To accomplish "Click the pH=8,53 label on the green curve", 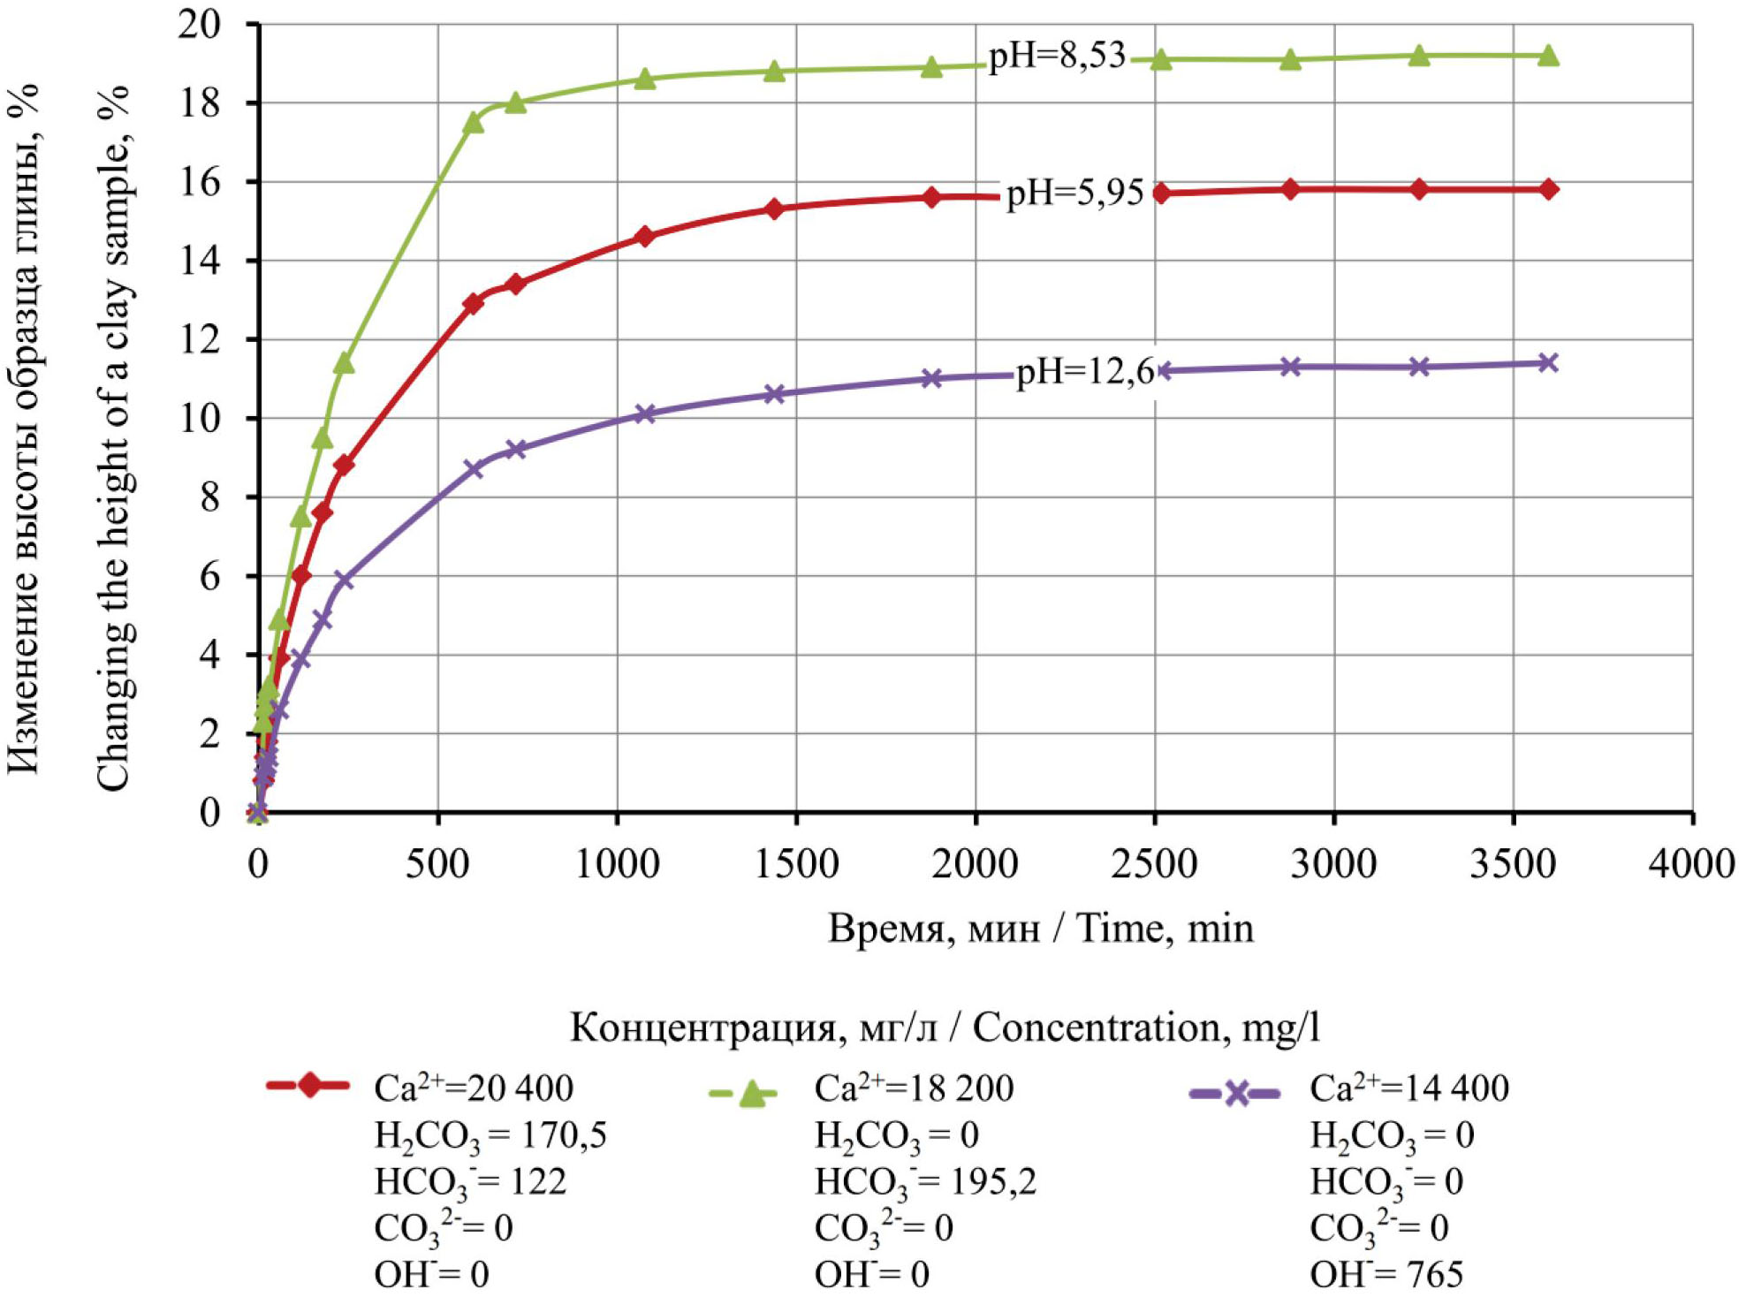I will pos(1056,56).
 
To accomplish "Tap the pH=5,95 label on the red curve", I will pos(1074,192).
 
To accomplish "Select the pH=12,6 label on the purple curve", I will pos(1085,372).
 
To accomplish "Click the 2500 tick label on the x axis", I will pos(1154,863).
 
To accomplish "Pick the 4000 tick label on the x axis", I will pos(1691,863).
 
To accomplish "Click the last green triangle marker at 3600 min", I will pos(1548,56).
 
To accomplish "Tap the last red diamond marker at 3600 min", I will pos(1548,189).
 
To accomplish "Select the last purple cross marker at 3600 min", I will pos(1548,362).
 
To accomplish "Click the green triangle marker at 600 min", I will pos(473,123).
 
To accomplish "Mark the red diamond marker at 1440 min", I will pos(774,209).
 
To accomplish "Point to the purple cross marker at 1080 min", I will pos(645,413).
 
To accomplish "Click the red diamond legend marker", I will pos(309,1085).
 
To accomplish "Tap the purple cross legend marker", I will pos(1236,1094).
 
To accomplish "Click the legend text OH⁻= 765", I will pos(1385,1274).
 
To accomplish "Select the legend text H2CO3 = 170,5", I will pos(490,1135).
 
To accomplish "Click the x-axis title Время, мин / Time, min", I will pos(1040,929).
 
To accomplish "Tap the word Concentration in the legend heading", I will pos(1096,1028).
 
